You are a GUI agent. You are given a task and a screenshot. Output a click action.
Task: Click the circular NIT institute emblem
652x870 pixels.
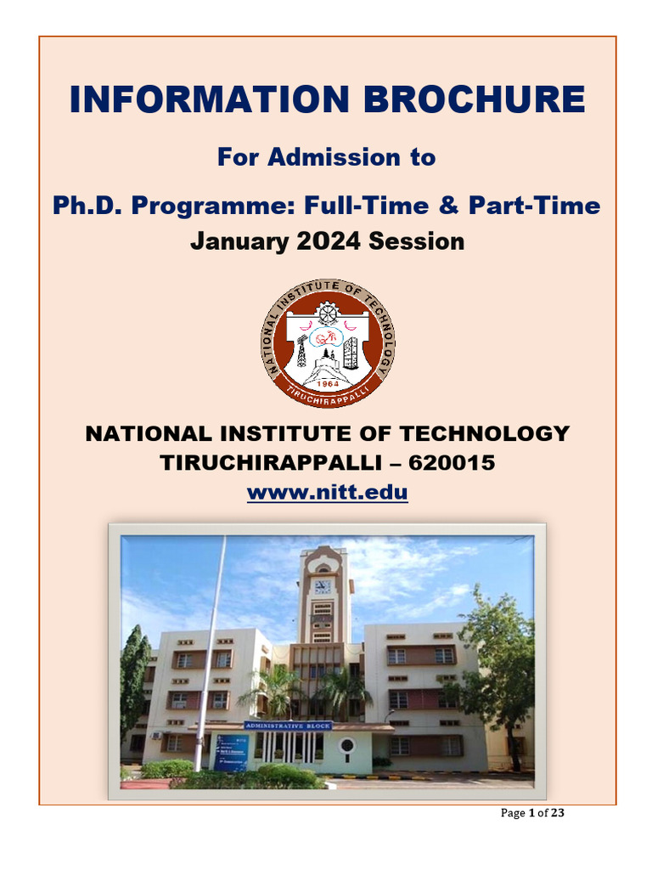coord(327,342)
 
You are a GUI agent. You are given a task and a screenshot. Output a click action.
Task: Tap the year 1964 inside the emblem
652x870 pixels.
coord(327,384)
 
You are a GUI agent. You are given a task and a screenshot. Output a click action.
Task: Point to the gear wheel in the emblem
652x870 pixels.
coord(328,313)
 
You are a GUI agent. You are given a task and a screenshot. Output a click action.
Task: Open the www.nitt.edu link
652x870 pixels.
coord(327,492)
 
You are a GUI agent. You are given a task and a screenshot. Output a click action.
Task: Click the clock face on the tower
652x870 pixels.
coord(323,586)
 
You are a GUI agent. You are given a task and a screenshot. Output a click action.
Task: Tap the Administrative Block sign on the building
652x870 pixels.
coord(287,726)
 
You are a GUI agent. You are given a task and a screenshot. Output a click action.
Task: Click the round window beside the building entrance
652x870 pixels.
coord(346,746)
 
